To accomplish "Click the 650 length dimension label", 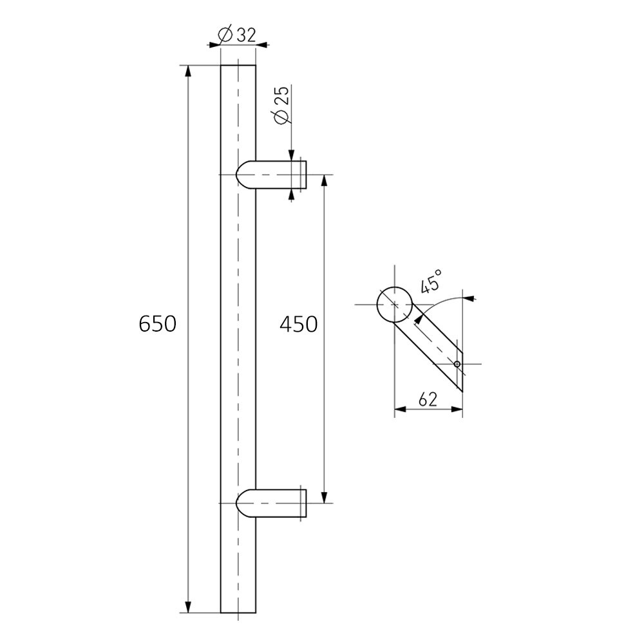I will click(157, 324).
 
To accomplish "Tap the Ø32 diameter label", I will click(237, 36).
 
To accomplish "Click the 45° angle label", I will click(432, 281).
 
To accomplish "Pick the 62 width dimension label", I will click(428, 399).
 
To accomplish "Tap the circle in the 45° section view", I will click(394, 304).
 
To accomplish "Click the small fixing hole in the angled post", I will click(457, 365).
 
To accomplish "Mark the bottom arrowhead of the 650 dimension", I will click(188, 607).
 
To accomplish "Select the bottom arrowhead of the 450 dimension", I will click(324, 497).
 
